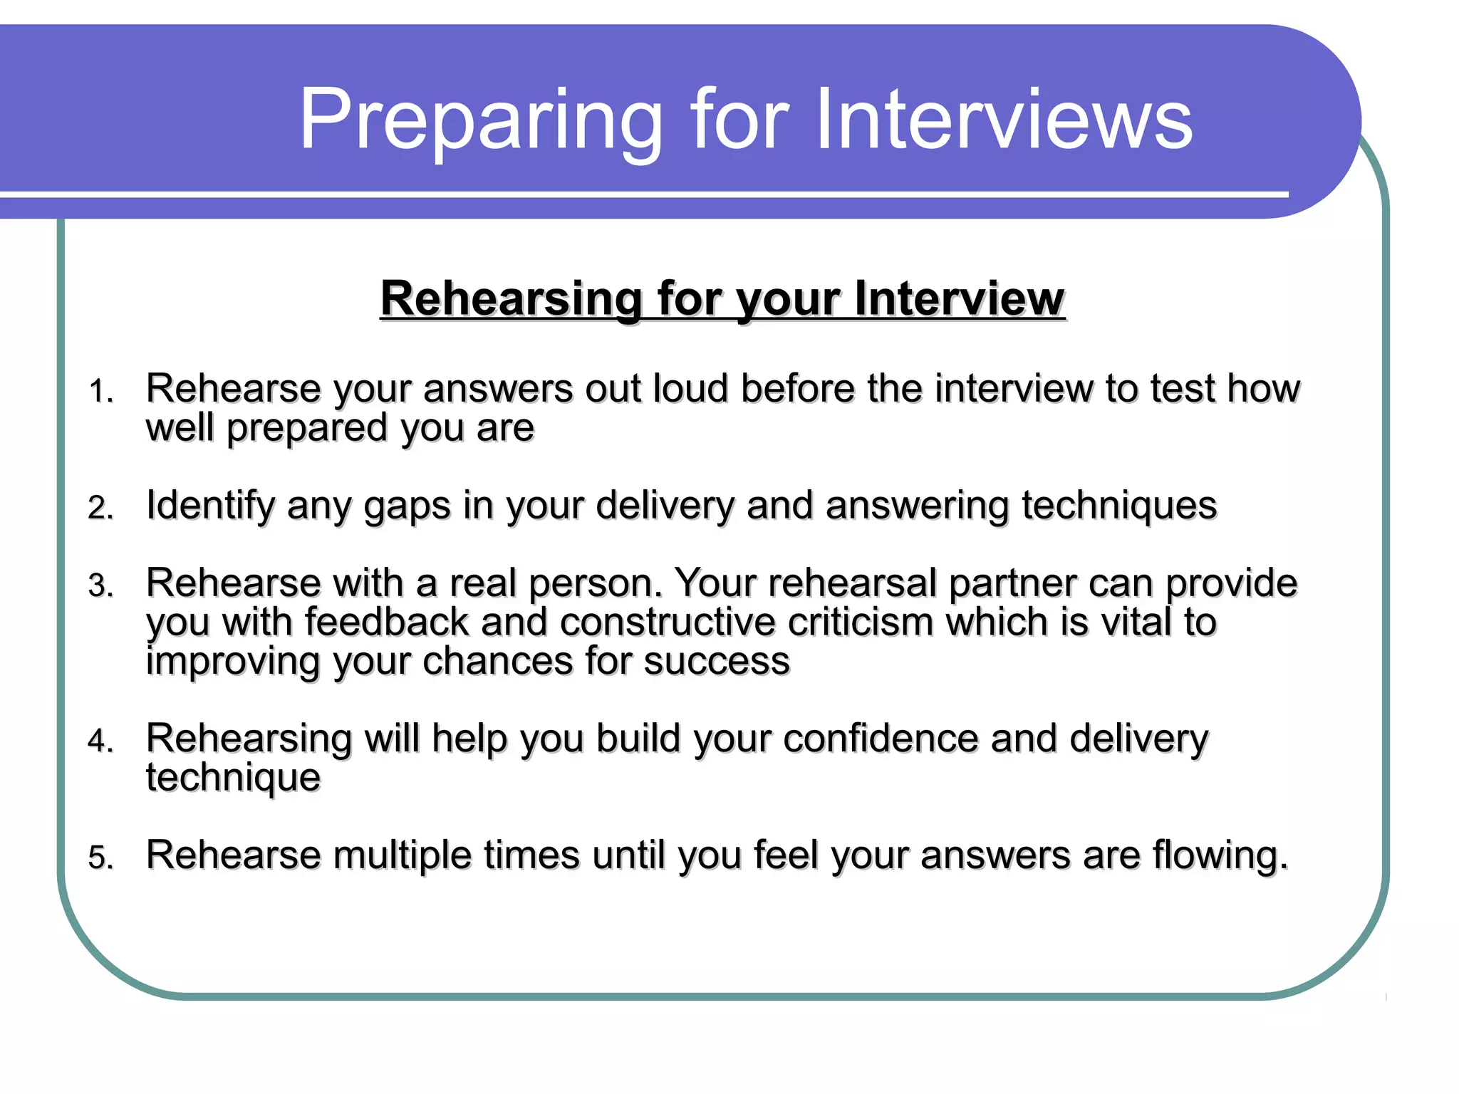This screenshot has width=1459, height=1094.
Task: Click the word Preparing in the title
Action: (x=481, y=120)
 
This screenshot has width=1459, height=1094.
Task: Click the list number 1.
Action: (x=101, y=392)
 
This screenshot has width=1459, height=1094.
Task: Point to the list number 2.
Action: (x=101, y=508)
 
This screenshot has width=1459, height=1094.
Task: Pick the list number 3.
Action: (x=101, y=586)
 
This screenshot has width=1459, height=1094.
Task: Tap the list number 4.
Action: (x=101, y=741)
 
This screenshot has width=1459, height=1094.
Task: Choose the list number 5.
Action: (x=101, y=858)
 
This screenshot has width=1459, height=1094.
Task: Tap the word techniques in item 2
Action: (x=1119, y=506)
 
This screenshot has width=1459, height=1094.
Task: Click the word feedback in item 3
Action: (x=387, y=622)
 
